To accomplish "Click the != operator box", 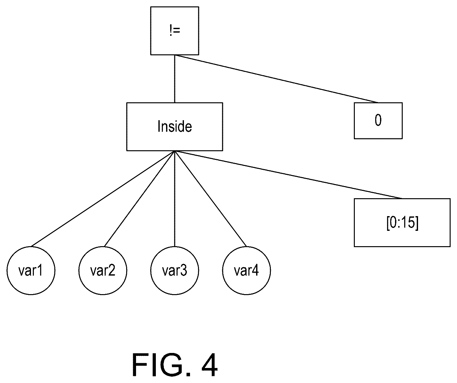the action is pos(175,31).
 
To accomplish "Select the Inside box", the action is pos(175,127).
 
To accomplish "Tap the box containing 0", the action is pos(378,121).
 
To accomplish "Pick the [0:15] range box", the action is pos(402,223).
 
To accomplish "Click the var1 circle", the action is pos(31,270).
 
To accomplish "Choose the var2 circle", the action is pos(103,270).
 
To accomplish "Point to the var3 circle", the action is pos(175,270).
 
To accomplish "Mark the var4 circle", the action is pos(247,270).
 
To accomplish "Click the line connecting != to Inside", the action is pos(175,79).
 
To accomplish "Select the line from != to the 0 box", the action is pos(277,79).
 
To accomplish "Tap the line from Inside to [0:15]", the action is pos(288,175).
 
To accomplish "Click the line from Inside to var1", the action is pos(103,199).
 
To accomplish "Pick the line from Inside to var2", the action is pos(140,199).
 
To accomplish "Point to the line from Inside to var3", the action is pos(175,199).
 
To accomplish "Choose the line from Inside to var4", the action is pos(210,199).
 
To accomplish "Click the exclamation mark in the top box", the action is pos(171,30).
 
